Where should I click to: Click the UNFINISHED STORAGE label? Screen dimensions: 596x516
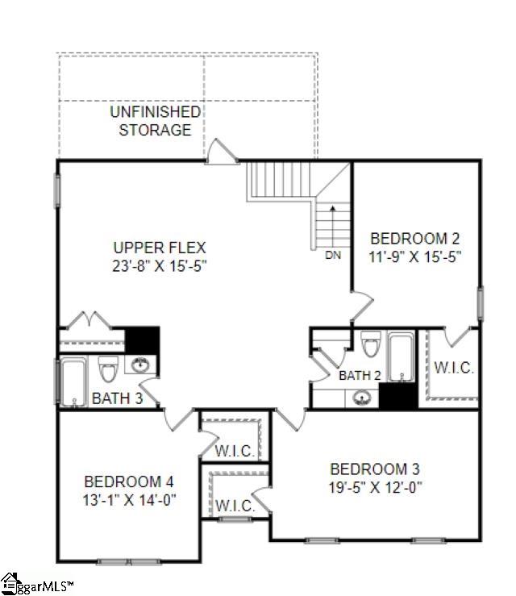[156, 120]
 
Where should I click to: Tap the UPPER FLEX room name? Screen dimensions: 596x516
[160, 248]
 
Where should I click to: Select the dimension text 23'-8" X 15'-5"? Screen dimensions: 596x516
[160, 265]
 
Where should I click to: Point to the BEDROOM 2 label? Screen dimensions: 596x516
[414, 239]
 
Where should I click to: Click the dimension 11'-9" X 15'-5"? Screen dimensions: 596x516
[414, 257]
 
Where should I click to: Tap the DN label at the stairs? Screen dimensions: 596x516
[332, 256]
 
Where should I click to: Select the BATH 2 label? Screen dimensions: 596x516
[360, 375]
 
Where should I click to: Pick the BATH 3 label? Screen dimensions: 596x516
[117, 398]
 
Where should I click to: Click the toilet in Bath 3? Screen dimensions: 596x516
[109, 371]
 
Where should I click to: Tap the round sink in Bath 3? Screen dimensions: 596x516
[142, 364]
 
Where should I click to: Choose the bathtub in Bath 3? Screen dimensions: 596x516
[74, 381]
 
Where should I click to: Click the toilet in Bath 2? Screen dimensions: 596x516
[371, 344]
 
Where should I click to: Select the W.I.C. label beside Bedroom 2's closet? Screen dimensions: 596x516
[454, 368]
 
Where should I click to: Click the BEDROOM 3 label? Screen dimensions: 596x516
[375, 469]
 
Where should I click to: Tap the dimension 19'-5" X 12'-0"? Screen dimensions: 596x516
[375, 487]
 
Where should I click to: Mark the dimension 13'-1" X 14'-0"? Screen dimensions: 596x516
[129, 500]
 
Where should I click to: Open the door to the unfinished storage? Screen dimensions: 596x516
[222, 153]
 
